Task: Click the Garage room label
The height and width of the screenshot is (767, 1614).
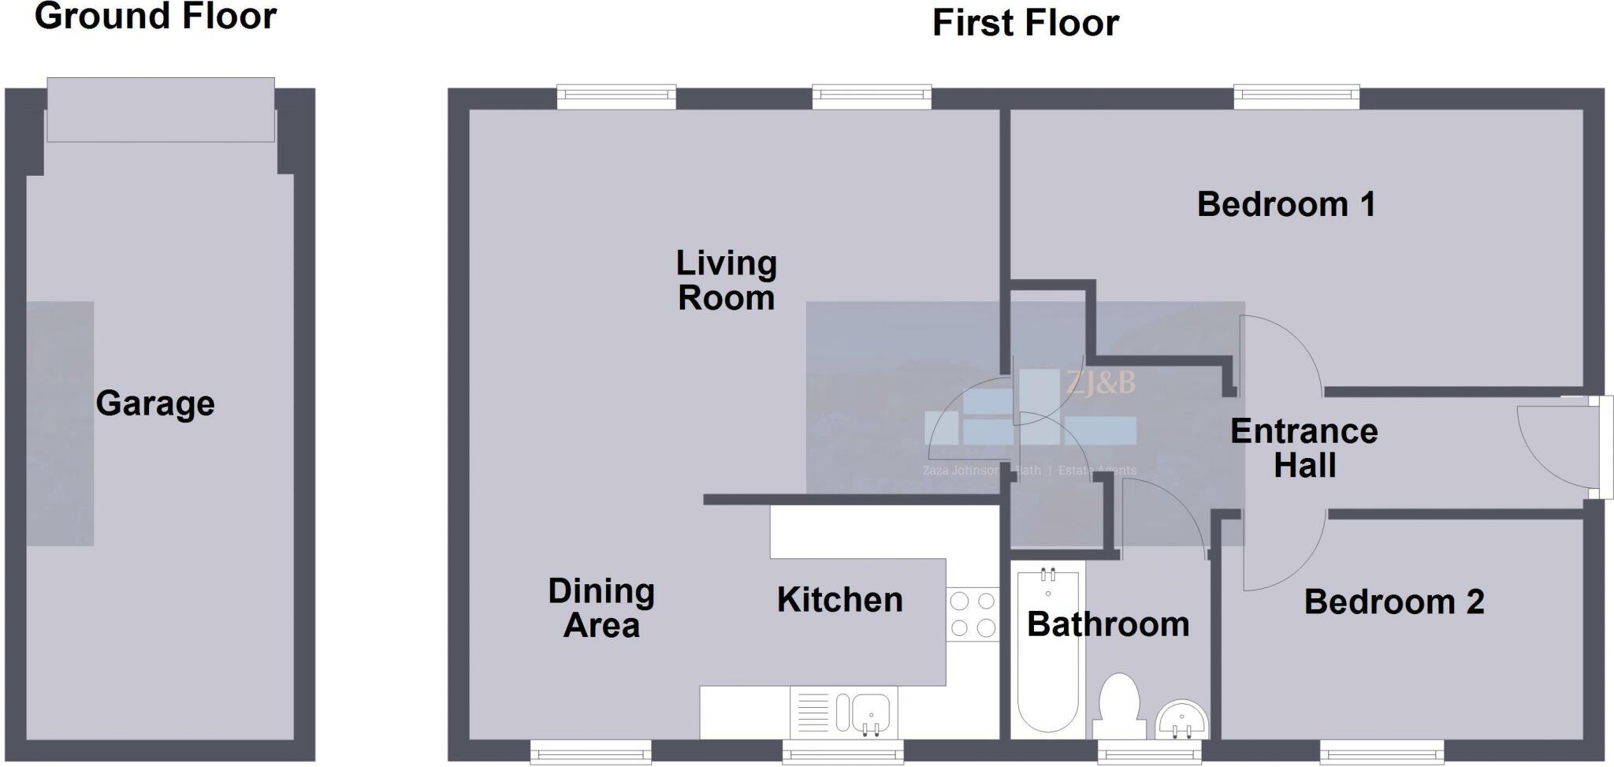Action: tap(155, 404)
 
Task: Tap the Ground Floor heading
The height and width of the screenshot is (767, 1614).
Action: tap(155, 17)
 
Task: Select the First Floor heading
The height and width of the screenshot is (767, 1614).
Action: tap(1025, 23)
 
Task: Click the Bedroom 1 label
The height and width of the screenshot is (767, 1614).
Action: tap(1286, 205)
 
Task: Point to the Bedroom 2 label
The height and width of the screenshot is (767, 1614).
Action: tap(1393, 602)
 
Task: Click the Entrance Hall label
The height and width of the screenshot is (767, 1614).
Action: tap(1304, 448)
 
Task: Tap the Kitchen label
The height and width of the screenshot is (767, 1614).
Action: tap(839, 600)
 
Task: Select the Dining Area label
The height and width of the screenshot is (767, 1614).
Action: tap(601, 609)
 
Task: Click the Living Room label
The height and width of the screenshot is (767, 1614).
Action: tap(726, 281)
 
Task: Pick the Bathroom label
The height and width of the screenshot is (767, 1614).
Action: tap(1108, 625)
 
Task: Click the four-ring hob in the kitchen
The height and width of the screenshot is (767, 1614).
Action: tap(972, 615)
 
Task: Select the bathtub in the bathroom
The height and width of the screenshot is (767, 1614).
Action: tap(1047, 650)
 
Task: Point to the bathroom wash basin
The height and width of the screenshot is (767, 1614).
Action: tap(1181, 720)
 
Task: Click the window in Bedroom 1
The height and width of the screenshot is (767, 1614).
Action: tap(1296, 97)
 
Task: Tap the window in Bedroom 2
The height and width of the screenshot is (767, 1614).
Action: tap(1382, 751)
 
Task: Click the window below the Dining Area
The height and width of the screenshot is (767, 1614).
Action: tap(590, 751)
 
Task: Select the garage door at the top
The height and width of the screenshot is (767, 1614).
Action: tap(161, 110)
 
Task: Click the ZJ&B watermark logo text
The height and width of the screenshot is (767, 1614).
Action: tap(1100, 383)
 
